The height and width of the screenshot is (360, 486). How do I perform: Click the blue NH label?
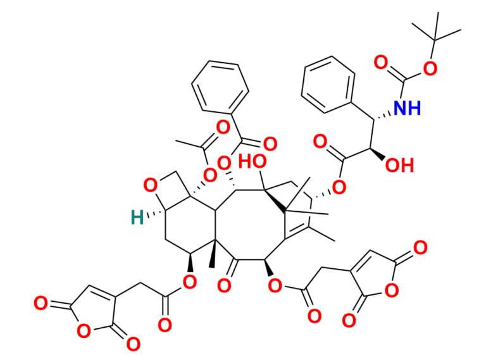(x=407, y=109)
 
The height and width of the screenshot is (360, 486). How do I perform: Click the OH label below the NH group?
(x=400, y=166)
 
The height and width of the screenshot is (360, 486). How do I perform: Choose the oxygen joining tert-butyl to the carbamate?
(x=430, y=68)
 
